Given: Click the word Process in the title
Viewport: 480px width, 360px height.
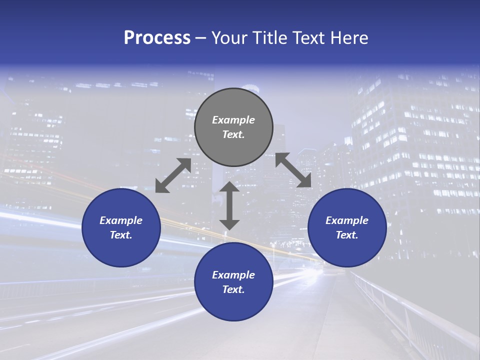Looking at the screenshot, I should tap(157, 38).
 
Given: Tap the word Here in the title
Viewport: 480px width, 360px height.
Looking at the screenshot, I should tap(348, 38).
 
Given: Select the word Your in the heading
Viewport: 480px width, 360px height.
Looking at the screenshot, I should tap(231, 38).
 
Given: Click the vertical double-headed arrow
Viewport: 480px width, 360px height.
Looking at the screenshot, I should tap(229, 205).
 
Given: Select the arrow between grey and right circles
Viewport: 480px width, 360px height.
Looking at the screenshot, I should tap(293, 170).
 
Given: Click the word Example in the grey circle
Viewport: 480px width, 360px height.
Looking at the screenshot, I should tap(233, 120).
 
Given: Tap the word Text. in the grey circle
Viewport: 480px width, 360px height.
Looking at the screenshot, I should tap(233, 134).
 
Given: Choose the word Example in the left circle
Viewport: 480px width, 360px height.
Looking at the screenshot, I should tap(121, 220).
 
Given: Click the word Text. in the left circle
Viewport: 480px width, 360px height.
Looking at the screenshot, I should tap(121, 235).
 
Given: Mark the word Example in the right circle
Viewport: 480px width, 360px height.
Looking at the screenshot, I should tap(347, 220).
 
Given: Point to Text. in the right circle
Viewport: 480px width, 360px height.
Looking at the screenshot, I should tap(347, 235).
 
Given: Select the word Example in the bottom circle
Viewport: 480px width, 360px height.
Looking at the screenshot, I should tap(233, 275).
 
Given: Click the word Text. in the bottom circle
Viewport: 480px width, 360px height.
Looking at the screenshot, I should tap(233, 289).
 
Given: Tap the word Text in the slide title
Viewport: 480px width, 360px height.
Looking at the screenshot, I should tap(309, 38).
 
